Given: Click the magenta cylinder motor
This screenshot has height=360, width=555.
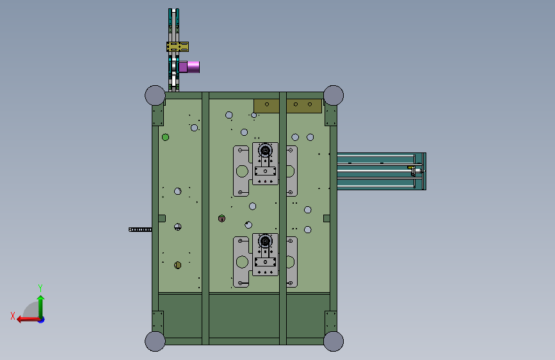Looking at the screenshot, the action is coord(189,67).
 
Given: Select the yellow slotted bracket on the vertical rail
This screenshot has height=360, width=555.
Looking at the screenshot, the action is coord(178,47).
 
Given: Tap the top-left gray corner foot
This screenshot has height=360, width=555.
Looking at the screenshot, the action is coord(155,95).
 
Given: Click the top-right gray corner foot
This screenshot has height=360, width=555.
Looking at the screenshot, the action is coord(334,95).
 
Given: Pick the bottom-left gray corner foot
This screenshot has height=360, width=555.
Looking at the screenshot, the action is coord(155,341).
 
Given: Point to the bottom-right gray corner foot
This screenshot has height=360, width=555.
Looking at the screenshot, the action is coord(334,341).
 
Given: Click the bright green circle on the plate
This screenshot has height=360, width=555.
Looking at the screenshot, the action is coord(165,137).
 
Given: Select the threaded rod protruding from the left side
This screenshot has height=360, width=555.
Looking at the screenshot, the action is coord(140,229).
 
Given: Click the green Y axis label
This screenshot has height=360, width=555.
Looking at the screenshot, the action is coord(40,288).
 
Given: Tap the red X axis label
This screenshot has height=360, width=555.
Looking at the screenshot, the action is coord(13,316).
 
